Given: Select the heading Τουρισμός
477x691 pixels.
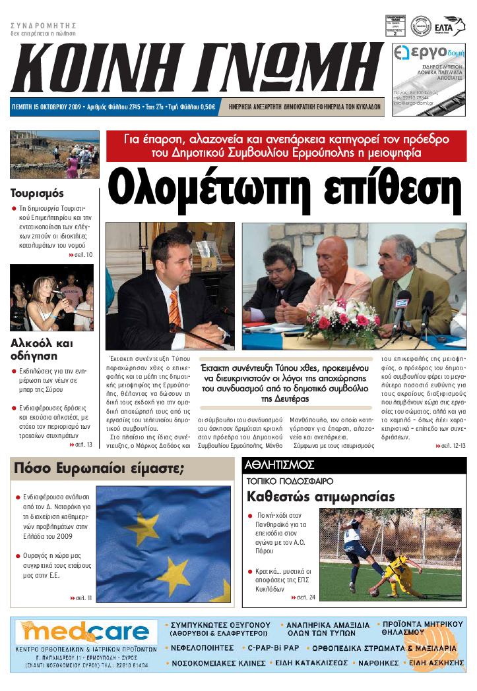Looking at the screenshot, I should tap(37, 194).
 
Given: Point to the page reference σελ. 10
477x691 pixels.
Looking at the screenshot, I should tap(81, 254).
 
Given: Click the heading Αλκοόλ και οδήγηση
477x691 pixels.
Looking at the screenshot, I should tap(42, 349).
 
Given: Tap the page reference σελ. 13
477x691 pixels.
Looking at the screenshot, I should tap(81, 445).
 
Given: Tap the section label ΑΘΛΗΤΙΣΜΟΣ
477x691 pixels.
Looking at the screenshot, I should tap(271, 465).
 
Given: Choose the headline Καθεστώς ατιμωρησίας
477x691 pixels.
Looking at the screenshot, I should tap(321, 496).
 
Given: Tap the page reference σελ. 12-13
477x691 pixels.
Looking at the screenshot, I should tap(451, 446).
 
